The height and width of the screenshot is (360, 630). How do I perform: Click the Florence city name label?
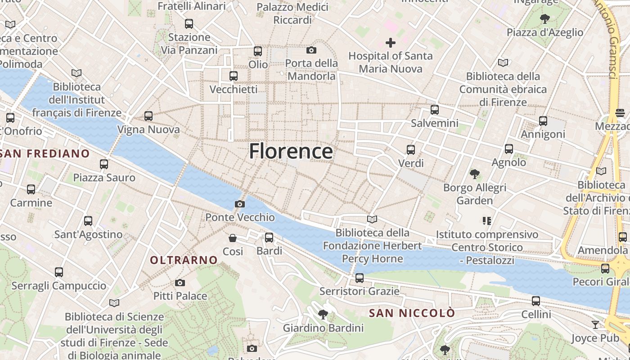pos(291,151)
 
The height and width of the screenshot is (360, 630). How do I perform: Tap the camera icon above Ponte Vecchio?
pos(240,204)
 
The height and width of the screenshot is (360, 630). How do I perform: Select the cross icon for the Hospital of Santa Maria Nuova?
pos(391,43)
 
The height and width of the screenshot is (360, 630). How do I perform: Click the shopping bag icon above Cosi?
pos(233,238)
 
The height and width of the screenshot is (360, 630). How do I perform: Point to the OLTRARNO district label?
pos(184,260)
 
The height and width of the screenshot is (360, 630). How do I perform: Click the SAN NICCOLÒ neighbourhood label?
pos(412,313)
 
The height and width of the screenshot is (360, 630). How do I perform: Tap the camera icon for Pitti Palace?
pos(180,283)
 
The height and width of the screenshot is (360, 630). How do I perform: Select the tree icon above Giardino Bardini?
pos(323,314)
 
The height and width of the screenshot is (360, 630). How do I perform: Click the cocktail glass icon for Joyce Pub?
pos(595,324)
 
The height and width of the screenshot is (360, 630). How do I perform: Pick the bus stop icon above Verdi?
pos(411,150)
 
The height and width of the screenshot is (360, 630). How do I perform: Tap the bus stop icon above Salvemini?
pos(435,110)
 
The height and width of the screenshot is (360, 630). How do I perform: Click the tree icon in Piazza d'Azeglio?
pos(545,19)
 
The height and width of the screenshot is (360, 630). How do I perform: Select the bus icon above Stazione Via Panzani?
pos(189,24)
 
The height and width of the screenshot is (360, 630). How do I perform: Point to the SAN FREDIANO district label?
pos(45,154)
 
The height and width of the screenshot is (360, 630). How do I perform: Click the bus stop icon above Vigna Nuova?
pos(148,116)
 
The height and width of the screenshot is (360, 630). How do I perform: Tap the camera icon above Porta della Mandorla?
pos(311,50)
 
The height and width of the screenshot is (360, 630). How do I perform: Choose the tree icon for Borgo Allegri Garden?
pos(474,174)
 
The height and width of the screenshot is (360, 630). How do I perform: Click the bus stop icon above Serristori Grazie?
pos(359,278)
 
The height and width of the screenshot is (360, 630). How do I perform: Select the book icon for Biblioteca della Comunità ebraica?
pos(503,63)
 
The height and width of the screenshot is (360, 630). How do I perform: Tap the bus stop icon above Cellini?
pos(535,301)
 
